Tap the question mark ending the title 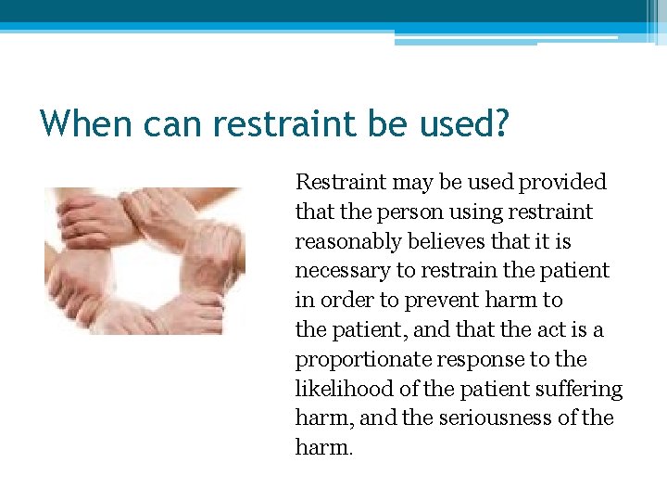click(501, 122)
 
